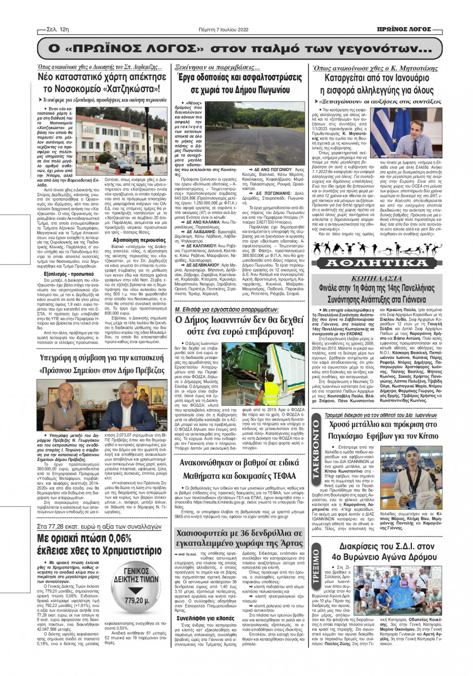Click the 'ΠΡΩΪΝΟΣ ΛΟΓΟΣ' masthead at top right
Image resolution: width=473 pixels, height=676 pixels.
[408, 30]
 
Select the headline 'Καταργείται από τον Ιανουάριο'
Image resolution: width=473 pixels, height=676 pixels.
[377, 78]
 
